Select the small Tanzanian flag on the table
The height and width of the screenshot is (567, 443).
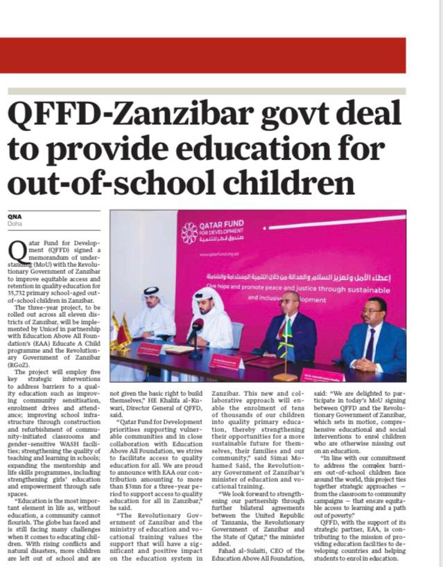[x=284, y=338]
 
